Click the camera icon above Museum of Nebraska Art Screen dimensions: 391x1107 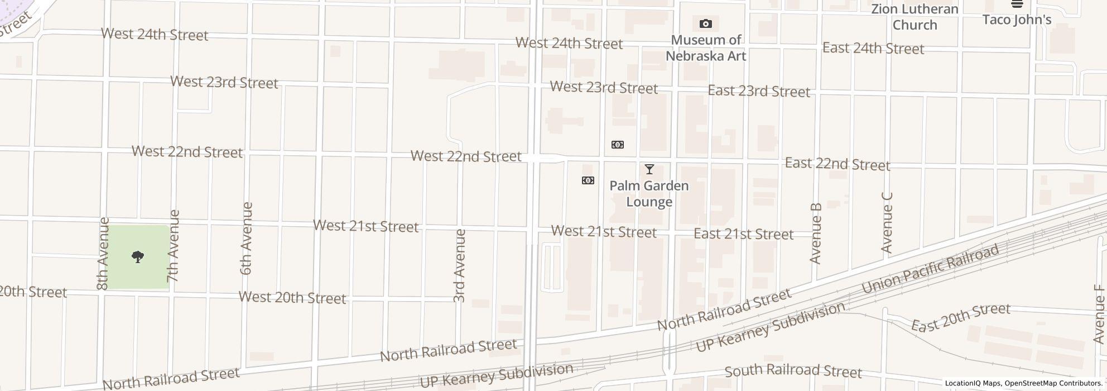[705, 24]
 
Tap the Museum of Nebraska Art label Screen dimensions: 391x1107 [706, 48]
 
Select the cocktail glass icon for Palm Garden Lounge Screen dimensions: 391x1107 [649, 169]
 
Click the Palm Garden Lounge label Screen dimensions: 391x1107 [649, 193]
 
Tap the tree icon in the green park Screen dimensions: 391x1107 [138, 257]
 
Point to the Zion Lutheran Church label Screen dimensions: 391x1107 [915, 17]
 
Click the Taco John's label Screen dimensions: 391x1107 [1017, 20]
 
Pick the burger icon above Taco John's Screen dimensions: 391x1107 [1017, 4]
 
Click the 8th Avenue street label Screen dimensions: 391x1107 [103, 254]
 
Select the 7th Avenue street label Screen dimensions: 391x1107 [174, 245]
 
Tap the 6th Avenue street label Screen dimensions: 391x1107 [246, 239]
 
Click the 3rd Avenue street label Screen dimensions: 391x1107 [459, 266]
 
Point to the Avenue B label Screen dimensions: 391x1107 [815, 233]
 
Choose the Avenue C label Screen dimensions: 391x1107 [887, 222]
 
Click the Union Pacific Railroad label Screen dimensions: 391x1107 [930, 269]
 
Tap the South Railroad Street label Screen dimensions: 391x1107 [793, 371]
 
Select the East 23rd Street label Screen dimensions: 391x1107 [759, 91]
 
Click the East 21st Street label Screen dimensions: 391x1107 [743, 234]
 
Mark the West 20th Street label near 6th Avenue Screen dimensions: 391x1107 [292, 298]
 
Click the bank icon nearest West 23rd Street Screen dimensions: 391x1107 [617, 145]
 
